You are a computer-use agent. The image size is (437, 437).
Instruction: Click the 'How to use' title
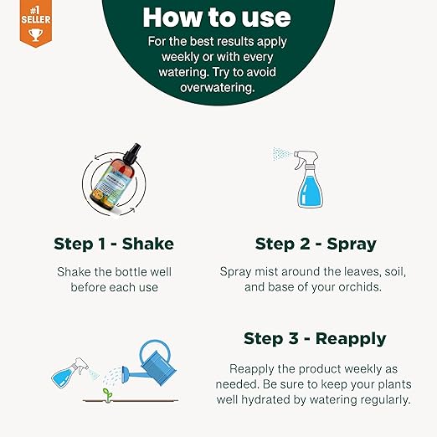(x=217, y=17)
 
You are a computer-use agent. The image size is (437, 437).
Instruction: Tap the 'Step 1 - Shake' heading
(x=114, y=244)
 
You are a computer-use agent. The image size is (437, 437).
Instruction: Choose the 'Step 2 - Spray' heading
(x=315, y=244)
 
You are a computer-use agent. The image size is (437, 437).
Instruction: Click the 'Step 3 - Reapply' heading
(x=315, y=338)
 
